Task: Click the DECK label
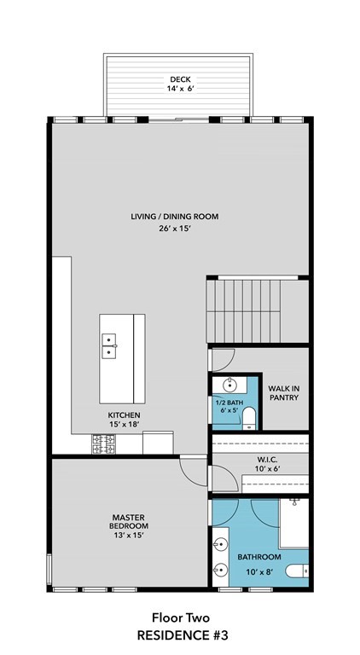click(x=180, y=79)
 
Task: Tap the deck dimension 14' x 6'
click(x=180, y=89)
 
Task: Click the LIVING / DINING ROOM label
click(x=175, y=217)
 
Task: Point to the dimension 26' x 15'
click(x=175, y=229)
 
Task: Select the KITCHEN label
click(x=124, y=415)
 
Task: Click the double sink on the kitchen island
click(x=109, y=346)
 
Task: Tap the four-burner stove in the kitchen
click(x=103, y=444)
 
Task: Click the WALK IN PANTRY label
click(x=284, y=392)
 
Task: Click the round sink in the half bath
click(x=229, y=385)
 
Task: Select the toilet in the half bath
click(x=249, y=419)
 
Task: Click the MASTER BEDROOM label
click(x=129, y=522)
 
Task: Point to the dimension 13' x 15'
click(x=129, y=535)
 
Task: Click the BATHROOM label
click(x=259, y=557)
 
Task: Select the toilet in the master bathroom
click(x=297, y=571)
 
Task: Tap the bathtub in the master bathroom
click(x=293, y=523)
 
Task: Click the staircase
click(x=258, y=310)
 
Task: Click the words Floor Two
click(x=180, y=617)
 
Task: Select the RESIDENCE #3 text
click(x=183, y=635)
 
